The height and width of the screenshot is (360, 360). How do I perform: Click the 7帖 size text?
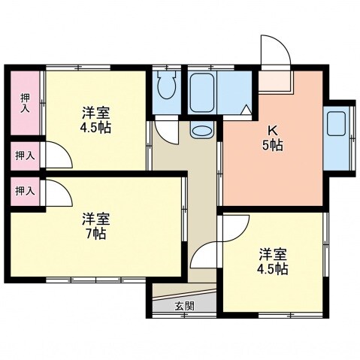[x=95, y=234]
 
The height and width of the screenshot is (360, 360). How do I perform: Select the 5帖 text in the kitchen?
[x=273, y=146]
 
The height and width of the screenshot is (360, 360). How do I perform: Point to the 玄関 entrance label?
[x=184, y=306]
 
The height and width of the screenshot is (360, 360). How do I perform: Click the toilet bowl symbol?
[x=166, y=88]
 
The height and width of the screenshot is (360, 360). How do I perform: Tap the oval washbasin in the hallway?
[x=201, y=131]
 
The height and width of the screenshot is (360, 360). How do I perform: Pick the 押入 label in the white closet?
[x=25, y=155]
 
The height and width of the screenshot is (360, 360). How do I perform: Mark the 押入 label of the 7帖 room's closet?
[x=25, y=191]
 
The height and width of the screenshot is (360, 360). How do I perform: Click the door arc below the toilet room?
[x=168, y=132]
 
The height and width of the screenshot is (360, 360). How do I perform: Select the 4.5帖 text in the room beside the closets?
[x=97, y=128]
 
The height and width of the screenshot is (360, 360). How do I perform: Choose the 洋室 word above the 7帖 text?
[x=96, y=219]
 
